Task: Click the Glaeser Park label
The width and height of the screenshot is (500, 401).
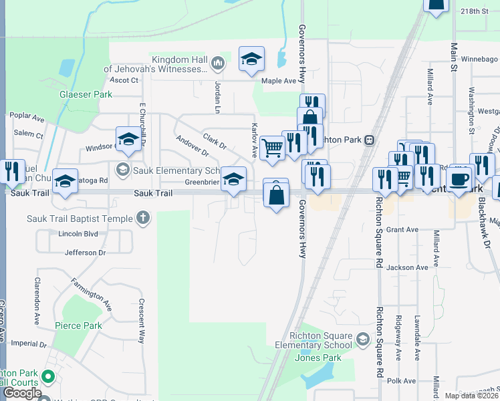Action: click(86, 94)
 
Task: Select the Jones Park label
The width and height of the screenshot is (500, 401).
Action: click(318, 358)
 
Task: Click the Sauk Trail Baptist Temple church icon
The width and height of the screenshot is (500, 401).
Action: click(142, 218)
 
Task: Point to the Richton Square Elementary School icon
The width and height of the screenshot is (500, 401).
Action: click(362, 340)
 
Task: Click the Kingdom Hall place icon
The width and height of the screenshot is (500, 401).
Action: click(217, 63)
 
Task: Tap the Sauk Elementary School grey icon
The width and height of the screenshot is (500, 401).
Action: click(122, 170)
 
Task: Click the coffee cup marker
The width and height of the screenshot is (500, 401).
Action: click(459, 179)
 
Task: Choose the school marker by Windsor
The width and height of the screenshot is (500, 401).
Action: click(128, 139)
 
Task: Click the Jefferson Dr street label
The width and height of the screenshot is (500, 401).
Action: click(85, 253)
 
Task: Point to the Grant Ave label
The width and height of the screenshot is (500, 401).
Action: click(402, 229)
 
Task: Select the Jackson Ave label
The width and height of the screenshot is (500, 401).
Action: click(406, 267)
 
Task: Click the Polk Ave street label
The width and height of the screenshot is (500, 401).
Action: click(402, 380)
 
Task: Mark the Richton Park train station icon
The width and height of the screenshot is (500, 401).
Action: click(368, 140)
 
